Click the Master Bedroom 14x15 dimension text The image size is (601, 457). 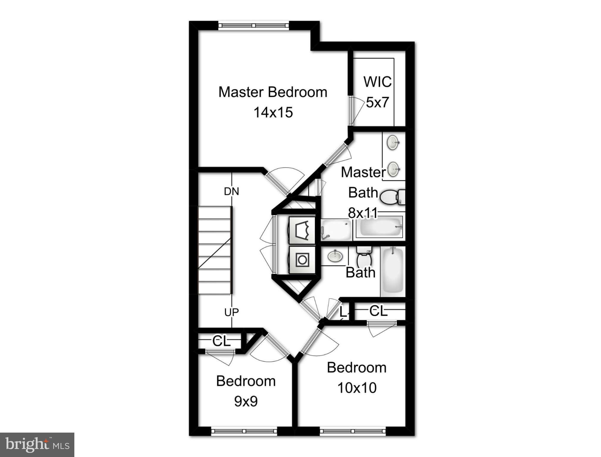pos(273,112)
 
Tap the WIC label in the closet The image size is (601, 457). pos(377,82)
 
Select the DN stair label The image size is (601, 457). pos(231,191)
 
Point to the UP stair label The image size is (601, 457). pos(231,312)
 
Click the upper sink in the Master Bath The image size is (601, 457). pos(393,143)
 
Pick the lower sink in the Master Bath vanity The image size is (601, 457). pos(393,169)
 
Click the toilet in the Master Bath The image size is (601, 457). pos(392,197)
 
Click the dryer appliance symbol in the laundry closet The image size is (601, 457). pos(302,230)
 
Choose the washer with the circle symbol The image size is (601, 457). pos(302,260)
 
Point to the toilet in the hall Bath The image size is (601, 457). pos(363,257)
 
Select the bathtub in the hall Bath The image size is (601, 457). pos(393,271)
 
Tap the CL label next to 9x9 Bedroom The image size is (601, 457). pos(221,341)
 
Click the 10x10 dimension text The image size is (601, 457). pos(357,388)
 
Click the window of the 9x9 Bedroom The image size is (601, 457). pos(244,431)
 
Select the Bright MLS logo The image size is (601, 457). pos(37,445)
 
